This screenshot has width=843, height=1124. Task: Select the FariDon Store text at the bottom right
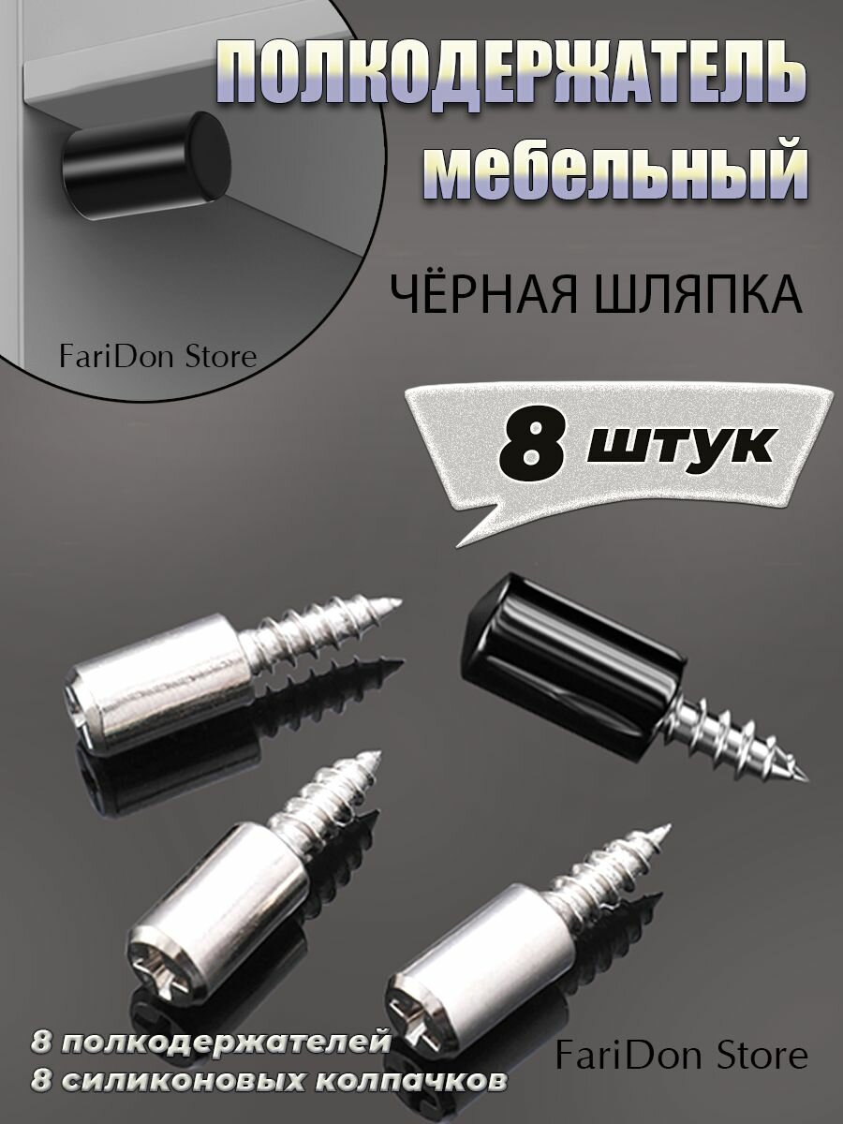[680, 1057]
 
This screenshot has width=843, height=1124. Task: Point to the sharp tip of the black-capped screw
[806, 776]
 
